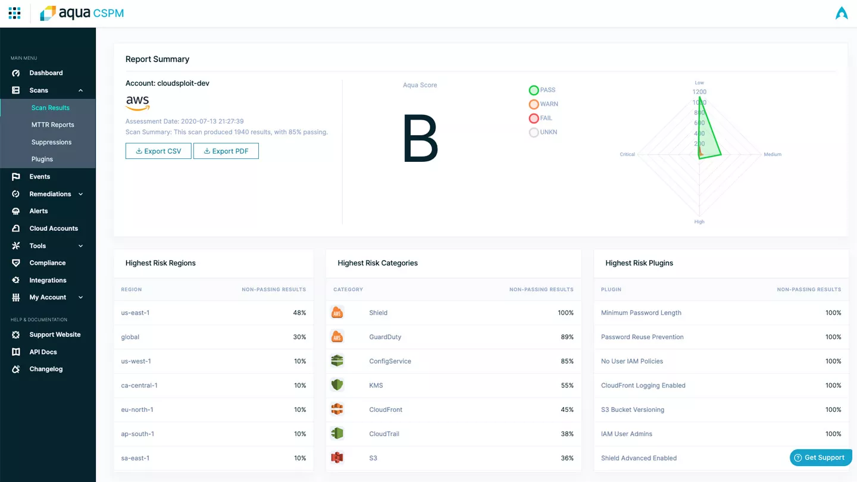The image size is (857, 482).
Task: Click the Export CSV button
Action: point(158,151)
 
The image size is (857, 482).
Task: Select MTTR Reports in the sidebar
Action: point(52,125)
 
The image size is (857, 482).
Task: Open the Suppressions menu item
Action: point(51,142)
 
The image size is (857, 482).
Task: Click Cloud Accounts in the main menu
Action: point(54,229)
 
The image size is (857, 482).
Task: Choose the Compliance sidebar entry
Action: point(47,263)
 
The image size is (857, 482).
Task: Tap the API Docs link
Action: point(43,352)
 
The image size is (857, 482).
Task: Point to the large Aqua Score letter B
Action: point(420,139)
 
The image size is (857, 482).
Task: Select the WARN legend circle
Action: point(534,104)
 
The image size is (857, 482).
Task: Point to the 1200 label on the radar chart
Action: point(699,92)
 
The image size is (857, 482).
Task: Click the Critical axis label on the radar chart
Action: point(627,155)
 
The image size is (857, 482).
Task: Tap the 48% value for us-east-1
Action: point(299,313)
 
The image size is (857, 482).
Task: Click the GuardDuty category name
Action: point(385,337)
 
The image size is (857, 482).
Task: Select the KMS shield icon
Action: point(337,385)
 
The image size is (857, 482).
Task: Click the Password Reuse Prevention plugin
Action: point(642,337)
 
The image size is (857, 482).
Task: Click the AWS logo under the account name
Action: point(137,102)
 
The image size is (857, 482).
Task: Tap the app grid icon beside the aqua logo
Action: point(15,13)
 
